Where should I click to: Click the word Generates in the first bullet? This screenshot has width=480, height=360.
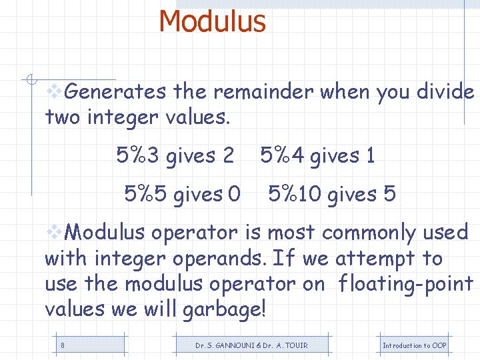(x=117, y=91)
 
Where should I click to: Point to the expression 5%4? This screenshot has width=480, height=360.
(x=282, y=156)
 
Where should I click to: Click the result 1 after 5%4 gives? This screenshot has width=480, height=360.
(x=370, y=156)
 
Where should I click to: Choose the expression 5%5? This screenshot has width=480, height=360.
(x=146, y=195)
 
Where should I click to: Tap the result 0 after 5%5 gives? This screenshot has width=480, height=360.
(x=234, y=195)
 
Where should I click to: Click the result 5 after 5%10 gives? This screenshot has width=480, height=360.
(x=390, y=195)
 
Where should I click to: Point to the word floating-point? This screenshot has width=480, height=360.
(x=405, y=284)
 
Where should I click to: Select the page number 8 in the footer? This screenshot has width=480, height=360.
(x=62, y=345)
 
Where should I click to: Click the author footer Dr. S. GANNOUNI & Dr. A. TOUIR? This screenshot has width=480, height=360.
(x=251, y=345)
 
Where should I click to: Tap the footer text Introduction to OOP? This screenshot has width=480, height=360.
(x=414, y=345)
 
